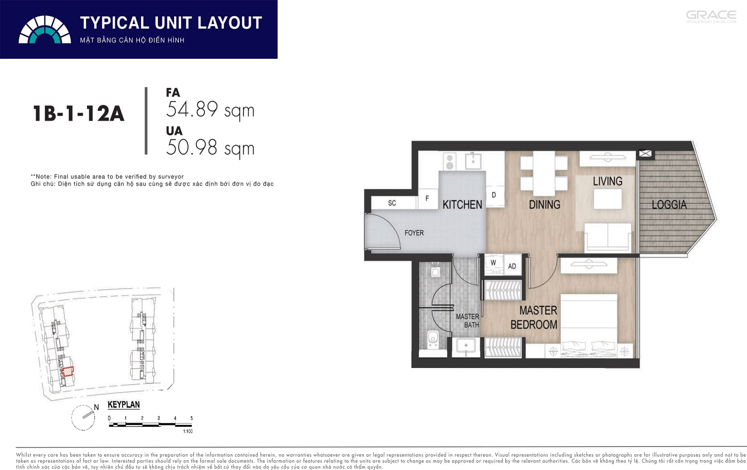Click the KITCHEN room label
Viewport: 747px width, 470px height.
click(x=462, y=205)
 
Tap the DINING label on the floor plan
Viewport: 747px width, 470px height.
click(x=545, y=205)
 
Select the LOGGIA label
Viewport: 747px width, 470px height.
click(x=669, y=205)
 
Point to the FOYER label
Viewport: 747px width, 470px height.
click(x=414, y=233)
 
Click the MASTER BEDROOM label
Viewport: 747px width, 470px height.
click(x=534, y=317)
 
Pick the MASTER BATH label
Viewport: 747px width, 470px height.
click(x=468, y=321)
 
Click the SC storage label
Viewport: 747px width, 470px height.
click(x=392, y=203)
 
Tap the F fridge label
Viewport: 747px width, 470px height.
click(x=427, y=198)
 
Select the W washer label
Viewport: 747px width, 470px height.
click(x=493, y=263)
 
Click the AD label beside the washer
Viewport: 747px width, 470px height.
click(x=512, y=266)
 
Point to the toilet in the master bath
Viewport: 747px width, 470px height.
click(x=433, y=338)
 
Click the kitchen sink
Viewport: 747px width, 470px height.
click(x=473, y=161)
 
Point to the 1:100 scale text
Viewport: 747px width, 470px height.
click(x=188, y=431)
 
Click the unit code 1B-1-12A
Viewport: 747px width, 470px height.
click(x=78, y=113)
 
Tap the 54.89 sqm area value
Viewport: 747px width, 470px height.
click(x=210, y=110)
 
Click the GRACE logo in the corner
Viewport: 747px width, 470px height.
click(x=711, y=17)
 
